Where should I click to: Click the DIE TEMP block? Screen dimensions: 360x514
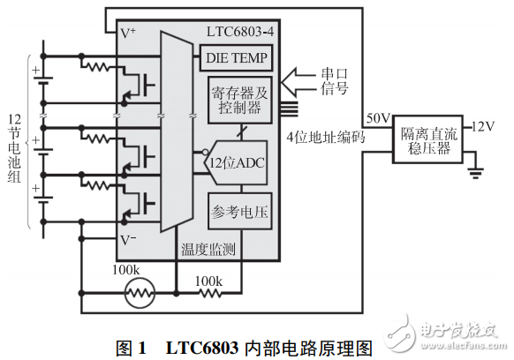237,58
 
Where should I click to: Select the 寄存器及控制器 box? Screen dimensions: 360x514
237,100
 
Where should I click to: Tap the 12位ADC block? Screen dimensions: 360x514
237,163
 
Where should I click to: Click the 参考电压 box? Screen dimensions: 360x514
237,212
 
